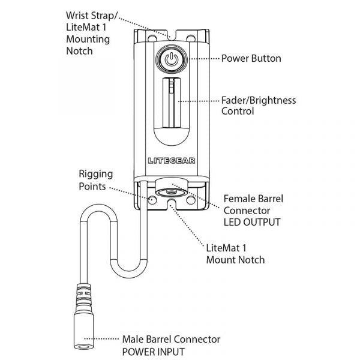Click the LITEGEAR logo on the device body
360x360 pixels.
172,161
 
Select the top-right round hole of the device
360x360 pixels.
193,38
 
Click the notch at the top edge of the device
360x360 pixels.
171,34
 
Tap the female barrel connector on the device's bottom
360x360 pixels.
172,193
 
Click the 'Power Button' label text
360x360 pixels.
251,59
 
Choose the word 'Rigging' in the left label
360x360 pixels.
95,174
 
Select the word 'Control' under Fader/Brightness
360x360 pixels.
238,111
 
